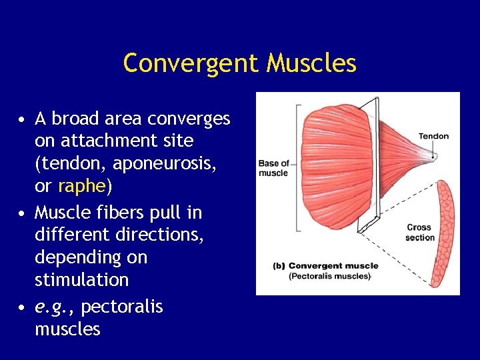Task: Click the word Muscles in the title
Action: (x=311, y=63)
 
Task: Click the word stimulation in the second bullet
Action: (x=81, y=279)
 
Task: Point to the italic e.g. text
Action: (x=55, y=307)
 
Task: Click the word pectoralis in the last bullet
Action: (x=121, y=307)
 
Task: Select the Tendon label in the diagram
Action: (x=433, y=137)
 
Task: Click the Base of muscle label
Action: (x=273, y=168)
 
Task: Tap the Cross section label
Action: (x=420, y=233)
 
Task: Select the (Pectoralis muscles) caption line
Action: (x=330, y=276)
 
